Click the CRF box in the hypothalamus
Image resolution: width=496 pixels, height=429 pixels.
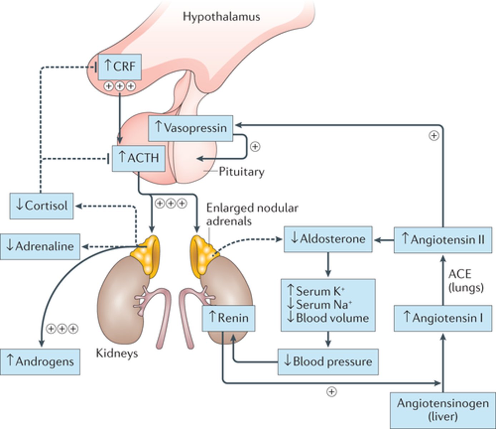[x=120, y=67]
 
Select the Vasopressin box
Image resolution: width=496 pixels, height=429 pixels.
[x=190, y=128]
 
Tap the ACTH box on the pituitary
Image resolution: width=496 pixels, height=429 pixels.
[x=139, y=158]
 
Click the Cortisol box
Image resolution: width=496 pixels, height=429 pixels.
[x=41, y=206]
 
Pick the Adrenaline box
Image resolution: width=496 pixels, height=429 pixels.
[x=40, y=247]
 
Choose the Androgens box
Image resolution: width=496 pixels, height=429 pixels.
[x=40, y=362]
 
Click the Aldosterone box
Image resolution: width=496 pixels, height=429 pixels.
[x=328, y=239]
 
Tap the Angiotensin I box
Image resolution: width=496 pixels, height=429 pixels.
[x=443, y=318]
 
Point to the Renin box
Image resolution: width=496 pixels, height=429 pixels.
[x=229, y=318]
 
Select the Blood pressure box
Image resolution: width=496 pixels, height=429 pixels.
[x=328, y=362]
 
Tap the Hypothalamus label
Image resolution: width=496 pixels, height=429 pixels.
[x=221, y=16]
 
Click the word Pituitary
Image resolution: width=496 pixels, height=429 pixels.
[x=242, y=172]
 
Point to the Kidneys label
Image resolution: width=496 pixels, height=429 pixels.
[x=117, y=354]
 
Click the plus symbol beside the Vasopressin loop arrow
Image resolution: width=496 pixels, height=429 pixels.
[x=255, y=147]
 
